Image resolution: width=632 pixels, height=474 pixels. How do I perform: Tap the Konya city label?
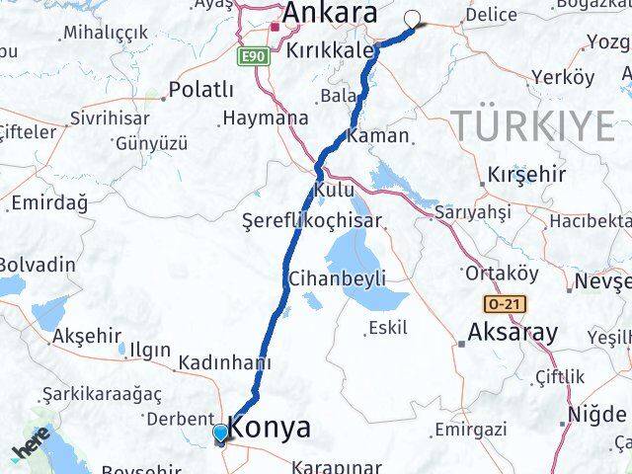(269, 429)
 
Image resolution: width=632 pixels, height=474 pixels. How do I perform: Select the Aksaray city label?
(513, 333)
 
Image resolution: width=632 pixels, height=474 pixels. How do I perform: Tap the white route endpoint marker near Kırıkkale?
(412, 17)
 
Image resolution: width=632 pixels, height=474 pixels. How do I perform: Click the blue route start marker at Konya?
(220, 433)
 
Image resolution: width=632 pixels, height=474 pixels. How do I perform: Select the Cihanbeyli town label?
(337, 278)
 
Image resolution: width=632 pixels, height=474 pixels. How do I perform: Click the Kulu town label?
(333, 189)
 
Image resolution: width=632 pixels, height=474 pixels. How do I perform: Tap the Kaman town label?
(371, 134)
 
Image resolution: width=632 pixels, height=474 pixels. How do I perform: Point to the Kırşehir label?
(526, 176)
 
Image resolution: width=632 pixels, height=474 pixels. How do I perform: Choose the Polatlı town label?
(200, 90)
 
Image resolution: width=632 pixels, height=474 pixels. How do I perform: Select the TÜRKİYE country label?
(533, 125)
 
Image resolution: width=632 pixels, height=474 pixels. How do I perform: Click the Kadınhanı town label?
(225, 361)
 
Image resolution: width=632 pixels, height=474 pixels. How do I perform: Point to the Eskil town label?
(386, 327)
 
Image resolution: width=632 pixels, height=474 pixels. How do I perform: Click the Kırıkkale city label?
(329, 50)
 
